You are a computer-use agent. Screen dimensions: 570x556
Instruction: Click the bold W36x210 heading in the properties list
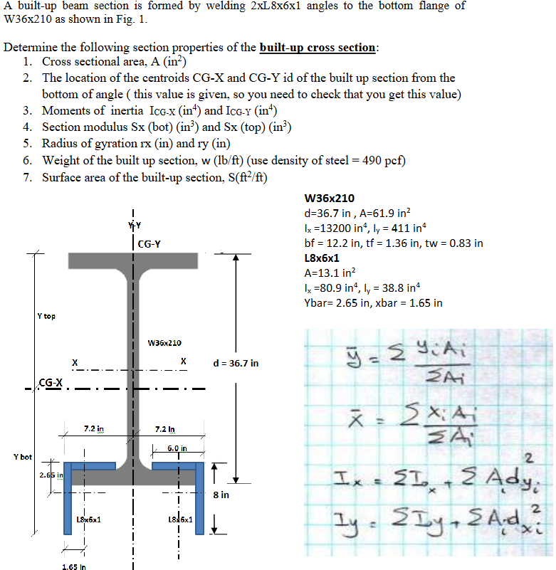[329, 199]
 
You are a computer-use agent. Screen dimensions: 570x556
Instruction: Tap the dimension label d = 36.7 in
[236, 363]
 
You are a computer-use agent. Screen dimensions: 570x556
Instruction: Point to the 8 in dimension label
[221, 494]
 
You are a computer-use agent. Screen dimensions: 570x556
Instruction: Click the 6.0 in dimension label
[177, 448]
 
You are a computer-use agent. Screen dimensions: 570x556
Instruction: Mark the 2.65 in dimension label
[49, 473]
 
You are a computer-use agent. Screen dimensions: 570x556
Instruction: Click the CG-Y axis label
[149, 244]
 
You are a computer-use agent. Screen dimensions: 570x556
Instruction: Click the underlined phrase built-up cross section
[318, 48]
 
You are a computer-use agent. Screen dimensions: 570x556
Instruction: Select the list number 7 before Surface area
[26, 176]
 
